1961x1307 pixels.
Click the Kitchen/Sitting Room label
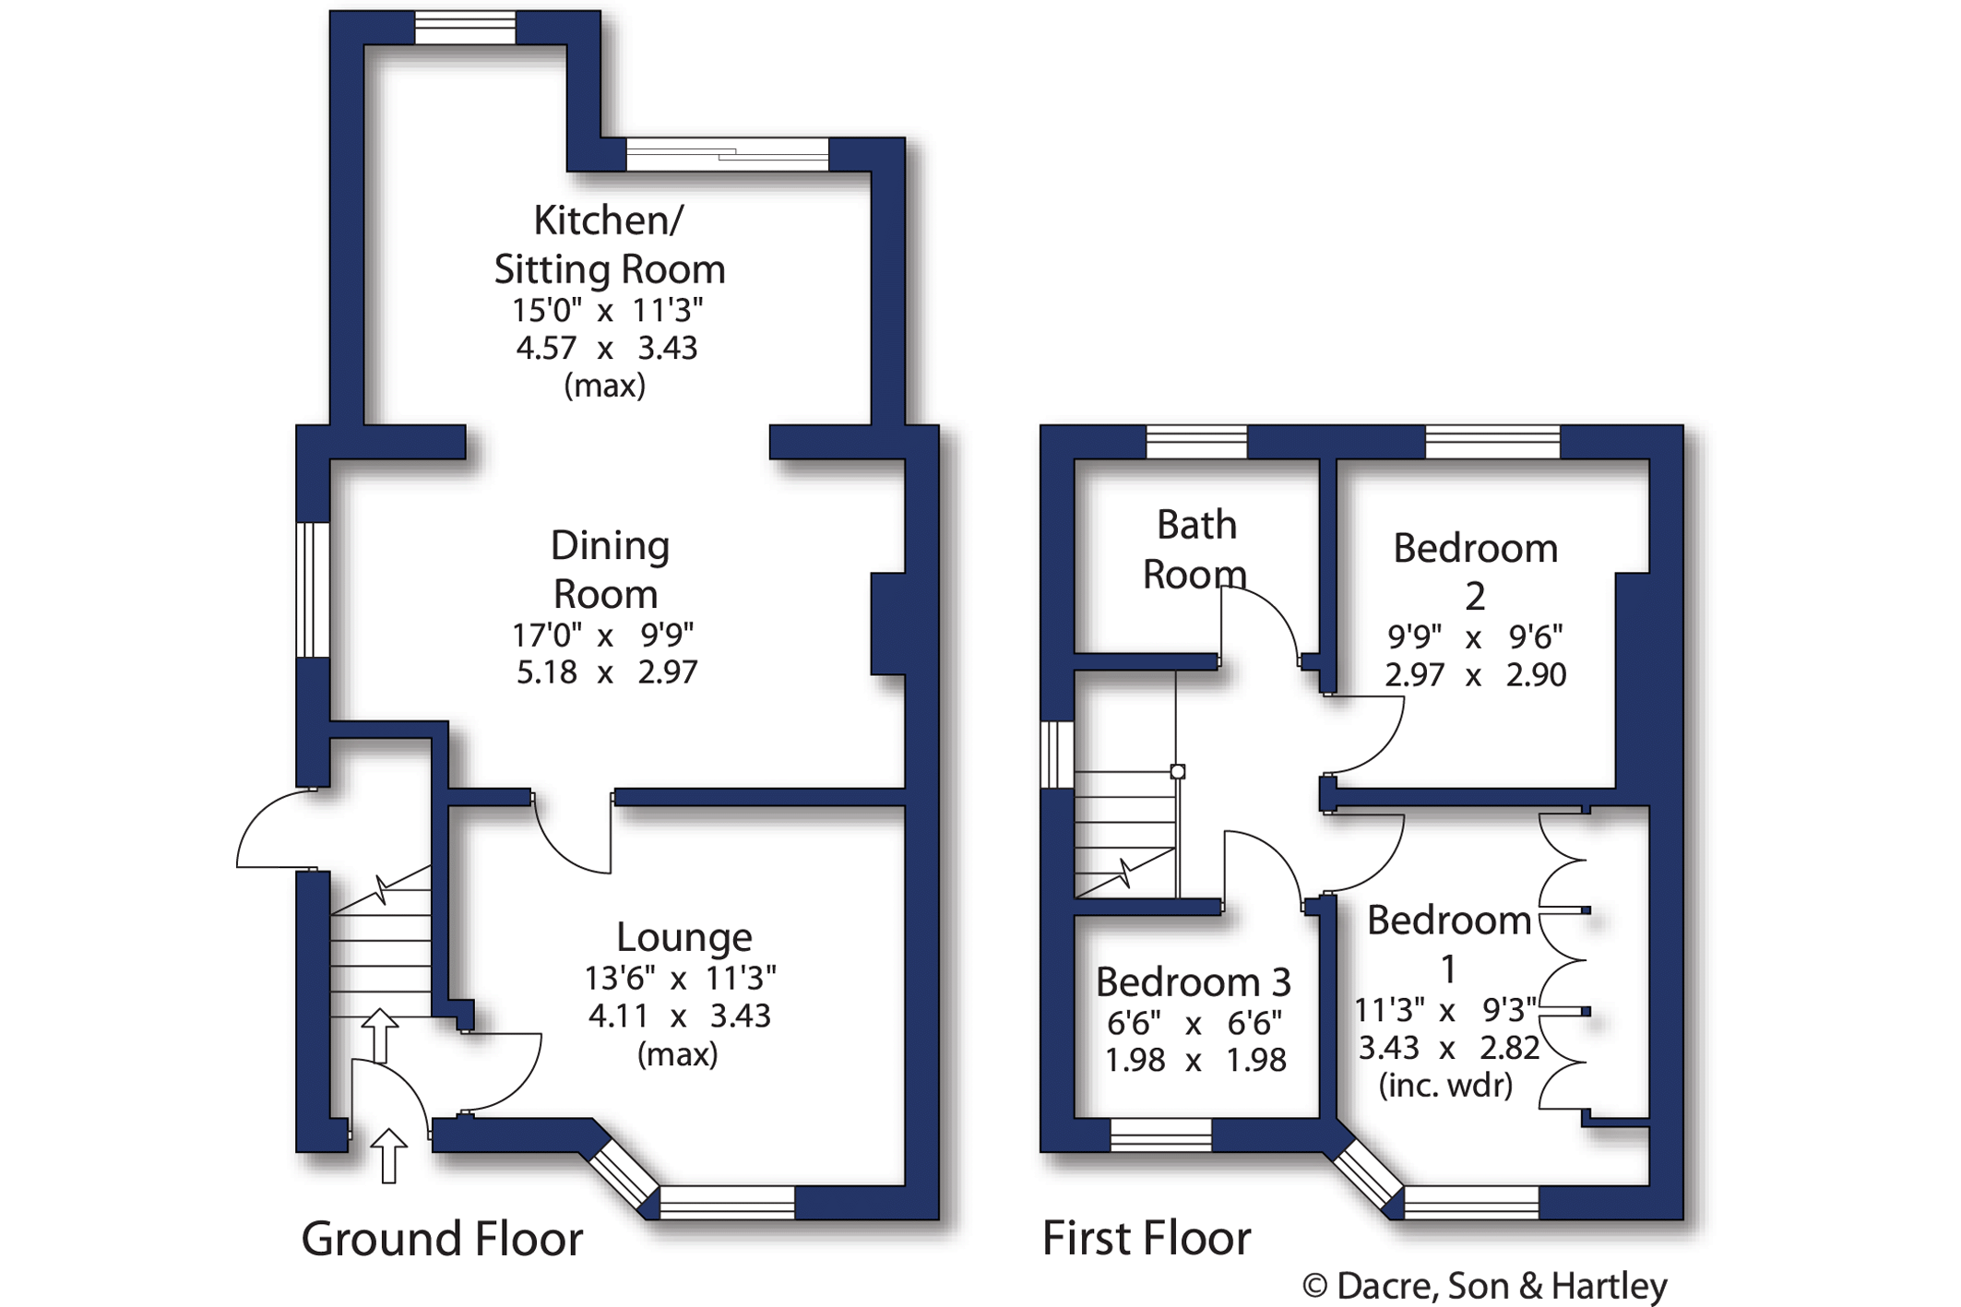(609, 245)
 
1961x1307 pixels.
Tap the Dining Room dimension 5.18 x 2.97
(606, 672)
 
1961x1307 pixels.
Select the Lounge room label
(683, 937)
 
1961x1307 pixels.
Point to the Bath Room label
(1195, 550)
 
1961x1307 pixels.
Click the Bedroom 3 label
(1193, 982)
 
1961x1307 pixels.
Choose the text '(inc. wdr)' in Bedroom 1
(1445, 1086)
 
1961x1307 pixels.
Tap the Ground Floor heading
(442, 1238)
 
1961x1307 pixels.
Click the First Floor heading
(1146, 1238)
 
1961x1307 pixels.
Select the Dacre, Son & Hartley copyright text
(1484, 1286)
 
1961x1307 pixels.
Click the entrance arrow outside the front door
(388, 1154)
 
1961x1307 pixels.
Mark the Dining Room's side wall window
(313, 590)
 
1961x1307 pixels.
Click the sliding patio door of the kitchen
(727, 154)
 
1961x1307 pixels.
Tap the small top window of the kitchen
(465, 28)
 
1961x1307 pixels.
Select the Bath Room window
(1196, 442)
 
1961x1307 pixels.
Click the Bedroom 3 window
(1160, 1135)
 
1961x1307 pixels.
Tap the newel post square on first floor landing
(1178, 772)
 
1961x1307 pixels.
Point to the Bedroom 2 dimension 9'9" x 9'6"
(1474, 636)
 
